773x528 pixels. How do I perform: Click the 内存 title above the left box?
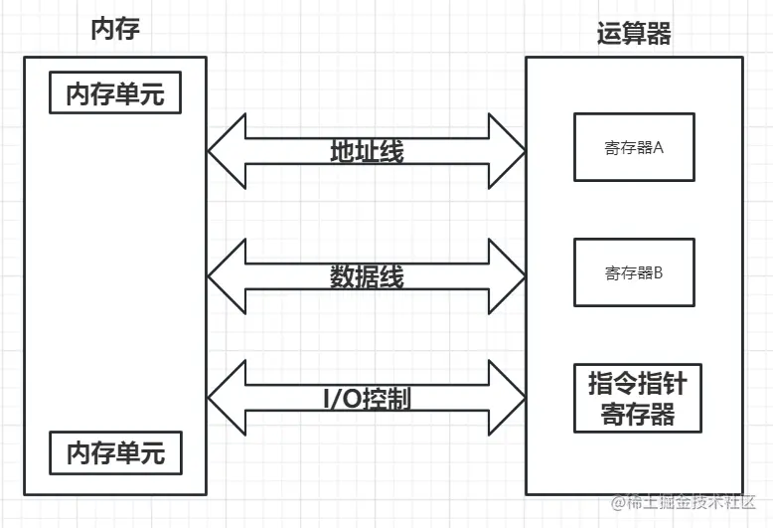[114, 29]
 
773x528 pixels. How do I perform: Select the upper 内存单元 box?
[115, 94]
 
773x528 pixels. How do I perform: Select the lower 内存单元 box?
[115, 452]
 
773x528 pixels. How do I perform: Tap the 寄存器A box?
[633, 147]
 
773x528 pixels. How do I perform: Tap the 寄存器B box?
[633, 272]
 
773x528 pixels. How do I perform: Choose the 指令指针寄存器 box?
[638, 399]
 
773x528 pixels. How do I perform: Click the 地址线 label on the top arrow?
[367, 151]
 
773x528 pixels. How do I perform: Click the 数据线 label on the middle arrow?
[367, 276]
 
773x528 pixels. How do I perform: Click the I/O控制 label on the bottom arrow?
[367, 399]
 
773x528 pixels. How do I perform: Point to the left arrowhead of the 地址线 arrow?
[227, 150]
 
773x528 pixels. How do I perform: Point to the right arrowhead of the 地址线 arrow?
[507, 150]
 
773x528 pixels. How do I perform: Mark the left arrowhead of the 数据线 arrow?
[227, 275]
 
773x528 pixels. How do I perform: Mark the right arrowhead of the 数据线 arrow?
[507, 275]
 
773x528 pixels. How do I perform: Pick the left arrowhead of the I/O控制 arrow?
[227, 398]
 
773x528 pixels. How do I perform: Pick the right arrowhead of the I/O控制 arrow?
[507, 398]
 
